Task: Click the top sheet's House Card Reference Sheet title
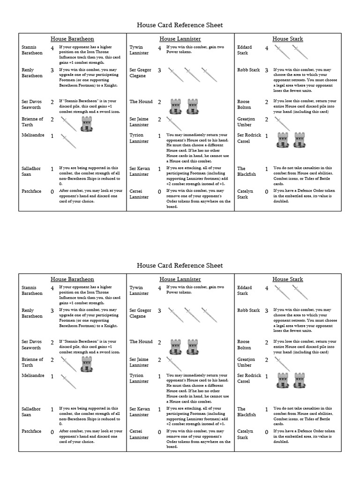coord(180,25)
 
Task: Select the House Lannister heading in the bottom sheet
coord(180,279)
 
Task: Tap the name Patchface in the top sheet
coord(31,191)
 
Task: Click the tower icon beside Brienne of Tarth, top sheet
coord(87,124)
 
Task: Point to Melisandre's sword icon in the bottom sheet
coord(68,381)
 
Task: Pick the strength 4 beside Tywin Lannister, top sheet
coord(159,48)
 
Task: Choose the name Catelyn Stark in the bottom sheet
coord(245,434)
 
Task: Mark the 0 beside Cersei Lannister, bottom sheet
coord(159,432)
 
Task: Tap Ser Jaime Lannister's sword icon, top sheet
coord(174,124)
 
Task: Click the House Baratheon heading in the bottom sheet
coord(72,279)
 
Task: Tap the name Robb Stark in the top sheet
coord(248,70)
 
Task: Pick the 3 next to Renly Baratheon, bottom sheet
coord(52,311)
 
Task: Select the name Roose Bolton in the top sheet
coord(244,104)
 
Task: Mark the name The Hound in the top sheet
coord(141,101)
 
